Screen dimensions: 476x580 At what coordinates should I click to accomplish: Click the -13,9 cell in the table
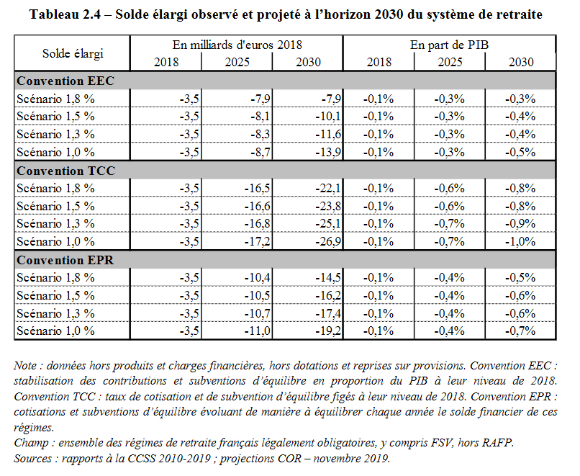[327, 152]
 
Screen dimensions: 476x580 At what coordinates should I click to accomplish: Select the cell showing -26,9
[327, 241]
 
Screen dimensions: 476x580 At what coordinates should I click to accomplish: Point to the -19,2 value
[327, 331]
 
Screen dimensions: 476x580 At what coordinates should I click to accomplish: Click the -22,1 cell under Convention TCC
[327, 188]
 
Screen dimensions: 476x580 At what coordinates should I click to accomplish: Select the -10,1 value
[327, 116]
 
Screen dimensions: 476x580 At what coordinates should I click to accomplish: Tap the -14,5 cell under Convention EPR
[327, 277]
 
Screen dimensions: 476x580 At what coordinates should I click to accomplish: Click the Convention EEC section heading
[65, 81]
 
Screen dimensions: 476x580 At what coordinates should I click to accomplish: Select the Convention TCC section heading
[65, 171]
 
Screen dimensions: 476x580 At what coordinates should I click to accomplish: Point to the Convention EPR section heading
[65, 259]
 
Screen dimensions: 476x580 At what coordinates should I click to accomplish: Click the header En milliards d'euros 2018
[237, 45]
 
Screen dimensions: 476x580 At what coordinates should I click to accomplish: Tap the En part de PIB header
[450, 45]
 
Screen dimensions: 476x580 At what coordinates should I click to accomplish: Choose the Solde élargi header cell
[73, 53]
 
